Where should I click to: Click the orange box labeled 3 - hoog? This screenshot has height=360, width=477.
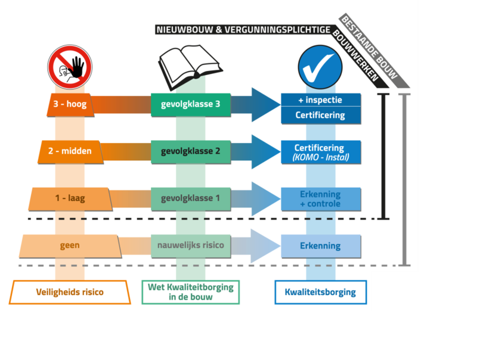(x=70, y=104)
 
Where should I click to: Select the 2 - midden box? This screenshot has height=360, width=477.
(x=71, y=151)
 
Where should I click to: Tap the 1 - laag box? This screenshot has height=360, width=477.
(x=70, y=198)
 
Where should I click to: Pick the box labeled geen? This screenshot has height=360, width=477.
(x=70, y=245)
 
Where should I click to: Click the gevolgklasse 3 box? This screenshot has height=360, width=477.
(x=191, y=104)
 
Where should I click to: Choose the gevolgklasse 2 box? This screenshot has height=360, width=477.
(x=191, y=151)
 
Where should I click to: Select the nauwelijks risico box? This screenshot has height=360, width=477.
(x=191, y=245)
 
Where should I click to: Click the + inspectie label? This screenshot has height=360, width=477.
(x=321, y=100)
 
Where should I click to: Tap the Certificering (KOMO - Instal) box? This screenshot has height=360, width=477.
(x=321, y=152)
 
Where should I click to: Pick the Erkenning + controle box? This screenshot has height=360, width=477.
(x=321, y=198)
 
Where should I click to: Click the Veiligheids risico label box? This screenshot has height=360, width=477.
(x=70, y=292)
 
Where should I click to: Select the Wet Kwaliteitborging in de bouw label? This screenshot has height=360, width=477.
(x=191, y=292)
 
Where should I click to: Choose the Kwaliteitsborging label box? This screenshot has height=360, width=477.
(x=320, y=292)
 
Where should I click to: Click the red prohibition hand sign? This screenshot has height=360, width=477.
(x=70, y=67)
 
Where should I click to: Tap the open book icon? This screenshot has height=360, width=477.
(x=186, y=66)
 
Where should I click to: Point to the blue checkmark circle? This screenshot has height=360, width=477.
(x=320, y=67)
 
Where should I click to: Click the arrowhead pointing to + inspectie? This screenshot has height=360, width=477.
(x=264, y=104)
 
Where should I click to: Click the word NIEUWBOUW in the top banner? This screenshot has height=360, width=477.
(x=178, y=29)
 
